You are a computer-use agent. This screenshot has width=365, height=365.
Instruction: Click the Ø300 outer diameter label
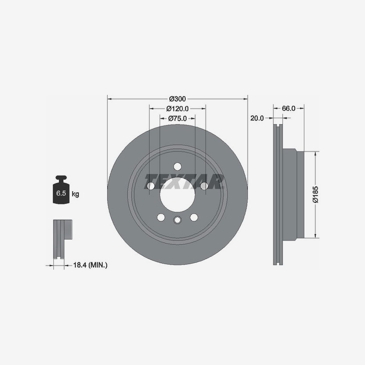(177, 99)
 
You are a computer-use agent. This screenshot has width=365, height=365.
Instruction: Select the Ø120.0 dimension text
(177, 109)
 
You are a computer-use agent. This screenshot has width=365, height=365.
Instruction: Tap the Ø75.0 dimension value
(177, 118)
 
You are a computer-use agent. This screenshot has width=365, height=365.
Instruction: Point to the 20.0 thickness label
(257, 118)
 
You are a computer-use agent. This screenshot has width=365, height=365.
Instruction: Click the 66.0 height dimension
(289, 109)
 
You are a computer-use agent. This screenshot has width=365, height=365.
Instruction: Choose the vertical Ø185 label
(315, 194)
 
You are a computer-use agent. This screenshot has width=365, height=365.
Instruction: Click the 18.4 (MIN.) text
(90, 265)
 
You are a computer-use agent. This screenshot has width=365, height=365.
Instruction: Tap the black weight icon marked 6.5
(61, 192)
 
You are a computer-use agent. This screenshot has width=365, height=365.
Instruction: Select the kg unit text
(75, 194)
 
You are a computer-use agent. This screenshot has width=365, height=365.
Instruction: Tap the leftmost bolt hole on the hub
(150, 185)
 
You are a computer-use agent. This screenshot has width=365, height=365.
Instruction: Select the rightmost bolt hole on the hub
(204, 185)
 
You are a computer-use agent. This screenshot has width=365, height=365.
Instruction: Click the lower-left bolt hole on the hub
(161, 217)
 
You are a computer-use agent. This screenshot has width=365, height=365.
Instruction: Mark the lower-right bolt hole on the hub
(194, 217)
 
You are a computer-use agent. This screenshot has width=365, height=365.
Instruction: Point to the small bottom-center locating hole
(177, 221)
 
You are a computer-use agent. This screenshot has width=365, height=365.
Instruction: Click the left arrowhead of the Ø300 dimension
(109, 98)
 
